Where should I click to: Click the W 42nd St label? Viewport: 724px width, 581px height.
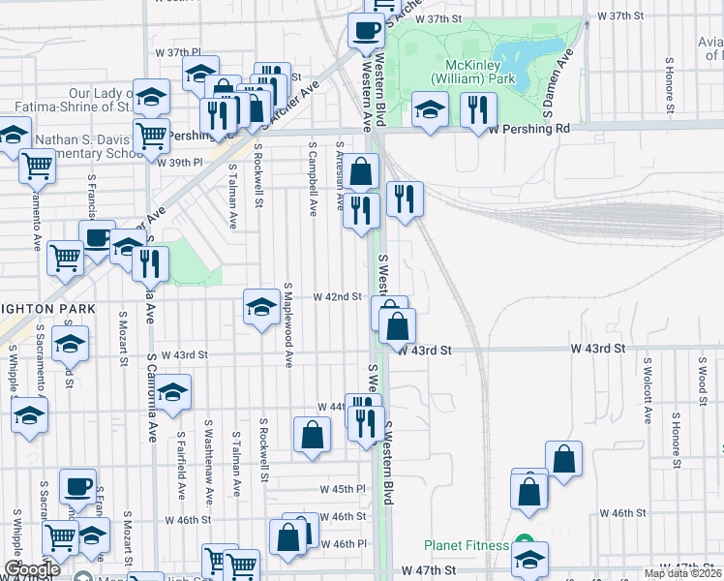pos(336,297)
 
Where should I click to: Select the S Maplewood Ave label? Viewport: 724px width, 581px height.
pos(287,325)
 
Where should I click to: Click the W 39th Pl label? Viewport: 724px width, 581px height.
pos(180,163)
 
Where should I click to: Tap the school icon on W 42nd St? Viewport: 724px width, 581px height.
pos(261,307)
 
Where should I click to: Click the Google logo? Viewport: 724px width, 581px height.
pos(32,569)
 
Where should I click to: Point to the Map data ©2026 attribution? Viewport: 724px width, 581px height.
pos(683,573)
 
